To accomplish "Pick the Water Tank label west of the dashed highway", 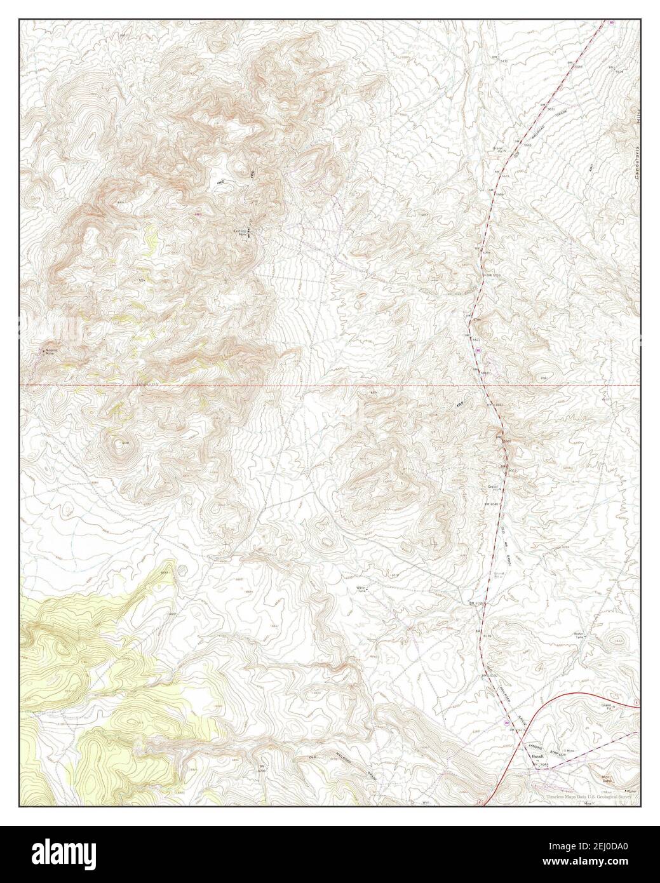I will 362,589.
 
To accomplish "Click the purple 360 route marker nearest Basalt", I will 506,722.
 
